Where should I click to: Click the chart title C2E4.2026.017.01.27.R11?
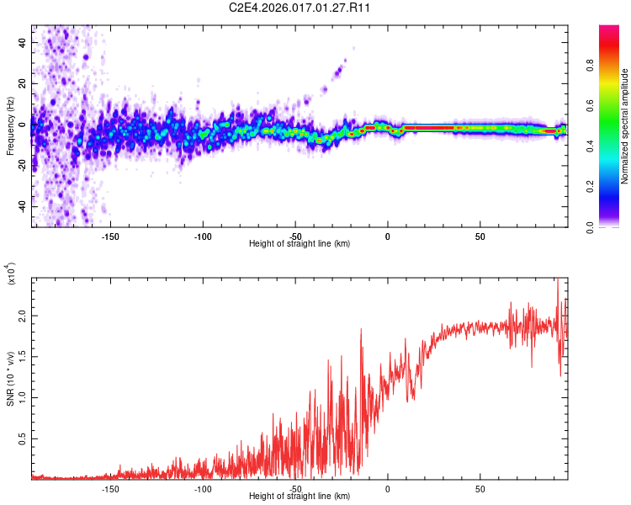300,8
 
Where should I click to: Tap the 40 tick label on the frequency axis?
22,42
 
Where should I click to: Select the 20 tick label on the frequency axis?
22,83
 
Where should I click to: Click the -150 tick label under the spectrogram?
110,236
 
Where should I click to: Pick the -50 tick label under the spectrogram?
295,236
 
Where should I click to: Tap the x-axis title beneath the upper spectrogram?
300,244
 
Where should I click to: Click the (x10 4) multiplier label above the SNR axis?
11,274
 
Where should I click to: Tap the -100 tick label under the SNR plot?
203,488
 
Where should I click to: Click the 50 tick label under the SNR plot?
479,488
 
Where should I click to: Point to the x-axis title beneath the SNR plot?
300,497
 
